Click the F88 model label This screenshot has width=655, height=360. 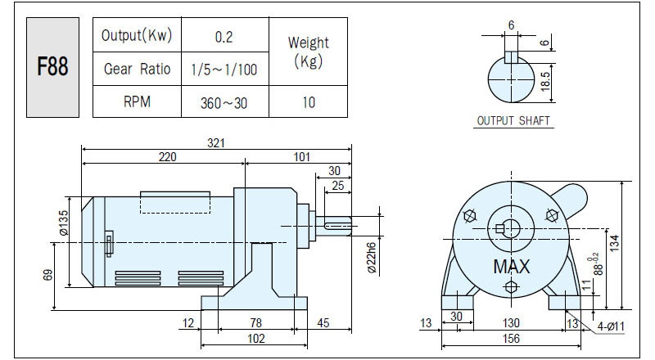click(52, 67)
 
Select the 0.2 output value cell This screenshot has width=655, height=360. click(224, 37)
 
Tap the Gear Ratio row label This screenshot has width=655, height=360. click(137, 69)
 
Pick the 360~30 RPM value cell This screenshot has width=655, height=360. click(224, 103)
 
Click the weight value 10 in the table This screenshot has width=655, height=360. click(309, 102)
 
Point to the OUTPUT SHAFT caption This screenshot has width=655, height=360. click(513, 121)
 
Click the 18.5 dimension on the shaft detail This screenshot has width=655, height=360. click(545, 82)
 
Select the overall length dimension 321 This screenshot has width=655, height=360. click(216, 143)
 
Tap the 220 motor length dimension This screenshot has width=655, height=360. click(167, 157)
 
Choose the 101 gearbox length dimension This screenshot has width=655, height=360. click(301, 157)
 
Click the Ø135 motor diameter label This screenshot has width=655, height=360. click(63, 223)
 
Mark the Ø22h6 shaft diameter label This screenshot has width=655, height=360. click(372, 258)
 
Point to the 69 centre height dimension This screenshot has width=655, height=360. click(48, 275)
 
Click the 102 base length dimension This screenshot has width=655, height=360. click(255, 338)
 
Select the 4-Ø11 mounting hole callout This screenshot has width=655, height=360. click(610, 326)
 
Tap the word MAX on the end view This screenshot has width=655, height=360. click(511, 267)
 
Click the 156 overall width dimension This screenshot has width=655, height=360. click(511, 338)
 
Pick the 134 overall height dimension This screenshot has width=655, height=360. click(614, 243)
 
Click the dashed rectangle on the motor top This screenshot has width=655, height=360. click(175, 203)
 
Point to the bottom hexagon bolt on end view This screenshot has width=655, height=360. click(511, 287)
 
